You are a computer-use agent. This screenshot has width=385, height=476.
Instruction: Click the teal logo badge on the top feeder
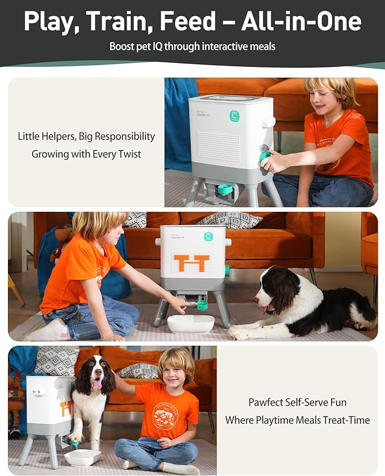234,116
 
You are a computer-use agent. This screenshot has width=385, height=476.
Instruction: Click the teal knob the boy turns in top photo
265,157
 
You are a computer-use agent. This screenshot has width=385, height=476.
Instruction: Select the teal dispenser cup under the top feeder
225,189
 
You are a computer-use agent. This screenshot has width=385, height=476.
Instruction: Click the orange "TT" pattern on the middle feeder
192,262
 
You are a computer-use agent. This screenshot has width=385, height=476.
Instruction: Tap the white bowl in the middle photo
191,323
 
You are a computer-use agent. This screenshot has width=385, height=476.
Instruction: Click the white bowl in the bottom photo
82,457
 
